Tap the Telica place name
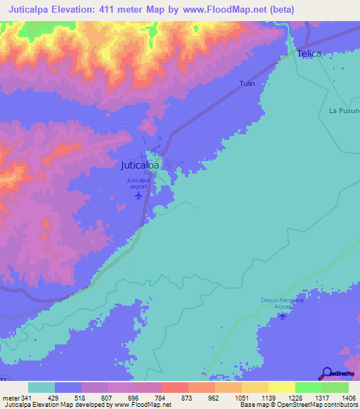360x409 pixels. [x=309, y=53]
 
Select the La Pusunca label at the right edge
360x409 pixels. [x=344, y=110]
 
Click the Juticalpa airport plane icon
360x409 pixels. [x=139, y=195]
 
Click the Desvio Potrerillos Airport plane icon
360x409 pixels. [x=283, y=316]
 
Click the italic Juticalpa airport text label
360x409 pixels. [x=139, y=183]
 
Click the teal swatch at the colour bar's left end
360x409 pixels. [x=41, y=387]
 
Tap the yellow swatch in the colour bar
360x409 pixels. [x=282, y=387]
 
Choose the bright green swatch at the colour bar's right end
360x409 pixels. [x=335, y=387]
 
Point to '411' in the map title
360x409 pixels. [x=129, y=9]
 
